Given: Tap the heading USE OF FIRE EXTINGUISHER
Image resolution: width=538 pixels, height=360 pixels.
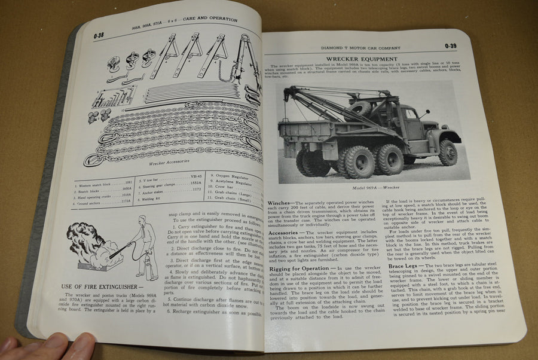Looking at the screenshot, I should (x=99, y=288).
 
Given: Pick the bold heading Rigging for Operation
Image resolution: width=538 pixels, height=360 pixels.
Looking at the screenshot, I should (x=298, y=267).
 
